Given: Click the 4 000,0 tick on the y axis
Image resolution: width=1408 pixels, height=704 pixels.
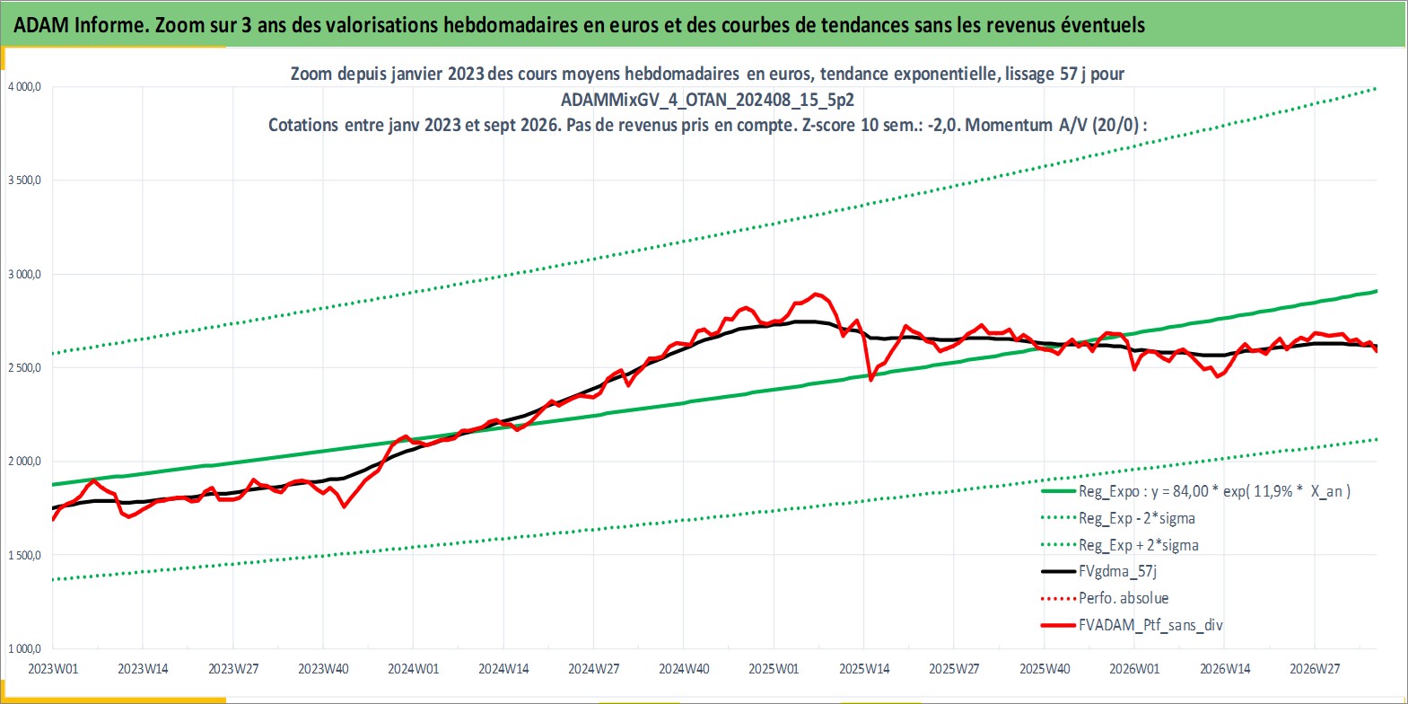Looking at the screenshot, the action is [x=24, y=87].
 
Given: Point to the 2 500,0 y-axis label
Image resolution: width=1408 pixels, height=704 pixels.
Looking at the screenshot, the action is [x=24, y=368].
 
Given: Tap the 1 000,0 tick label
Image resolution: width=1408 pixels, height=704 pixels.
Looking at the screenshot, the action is [x=24, y=648].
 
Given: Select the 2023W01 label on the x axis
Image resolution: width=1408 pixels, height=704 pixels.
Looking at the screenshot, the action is [x=54, y=669].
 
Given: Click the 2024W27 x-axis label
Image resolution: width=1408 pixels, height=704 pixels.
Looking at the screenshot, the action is [x=594, y=669].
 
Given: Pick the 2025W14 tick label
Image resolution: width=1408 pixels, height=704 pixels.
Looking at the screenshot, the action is [x=864, y=669].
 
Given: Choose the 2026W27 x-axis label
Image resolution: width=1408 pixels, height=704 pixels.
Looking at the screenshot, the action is [x=1315, y=669].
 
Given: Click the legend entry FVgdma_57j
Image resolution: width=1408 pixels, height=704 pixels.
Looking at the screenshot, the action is [x=1099, y=571].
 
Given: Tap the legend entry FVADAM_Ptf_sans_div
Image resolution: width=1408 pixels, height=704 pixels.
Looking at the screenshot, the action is [x=1133, y=625].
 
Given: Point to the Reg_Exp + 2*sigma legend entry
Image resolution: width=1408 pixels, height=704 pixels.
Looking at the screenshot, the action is [x=1120, y=545].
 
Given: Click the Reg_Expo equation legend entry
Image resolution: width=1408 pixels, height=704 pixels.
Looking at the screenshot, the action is [x=1196, y=491].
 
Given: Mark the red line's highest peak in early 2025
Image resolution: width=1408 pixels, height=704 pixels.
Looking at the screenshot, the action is [x=816, y=294].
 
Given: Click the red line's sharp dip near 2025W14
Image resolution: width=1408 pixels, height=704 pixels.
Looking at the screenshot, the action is [x=870, y=379].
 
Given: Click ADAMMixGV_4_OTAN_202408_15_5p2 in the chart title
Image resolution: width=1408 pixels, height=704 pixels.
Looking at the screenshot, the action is [x=707, y=100].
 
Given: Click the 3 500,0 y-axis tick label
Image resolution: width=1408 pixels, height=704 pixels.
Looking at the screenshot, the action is [x=24, y=180].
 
